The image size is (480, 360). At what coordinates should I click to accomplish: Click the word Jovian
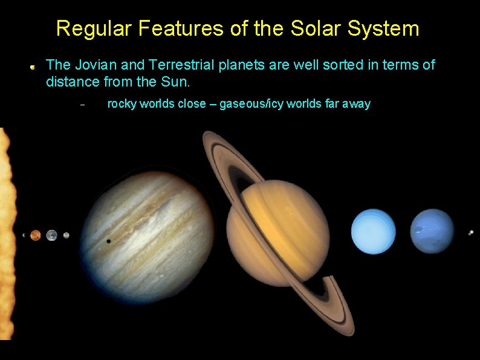tap(92, 65)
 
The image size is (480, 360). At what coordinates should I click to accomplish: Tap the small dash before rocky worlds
tap(83, 105)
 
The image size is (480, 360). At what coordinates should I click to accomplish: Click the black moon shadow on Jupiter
tap(108, 241)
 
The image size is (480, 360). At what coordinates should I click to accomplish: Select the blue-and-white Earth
tap(52, 235)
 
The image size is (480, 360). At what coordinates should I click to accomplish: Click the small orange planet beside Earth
tap(36, 235)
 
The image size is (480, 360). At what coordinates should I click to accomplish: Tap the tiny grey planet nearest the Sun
tap(24, 235)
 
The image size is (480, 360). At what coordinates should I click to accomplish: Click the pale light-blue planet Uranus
tap(374, 232)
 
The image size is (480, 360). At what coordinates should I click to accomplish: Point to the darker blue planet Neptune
tap(432, 231)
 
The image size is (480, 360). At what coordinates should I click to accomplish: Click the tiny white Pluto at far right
tap(471, 232)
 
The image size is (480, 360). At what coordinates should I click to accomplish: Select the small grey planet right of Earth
tap(66, 235)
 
